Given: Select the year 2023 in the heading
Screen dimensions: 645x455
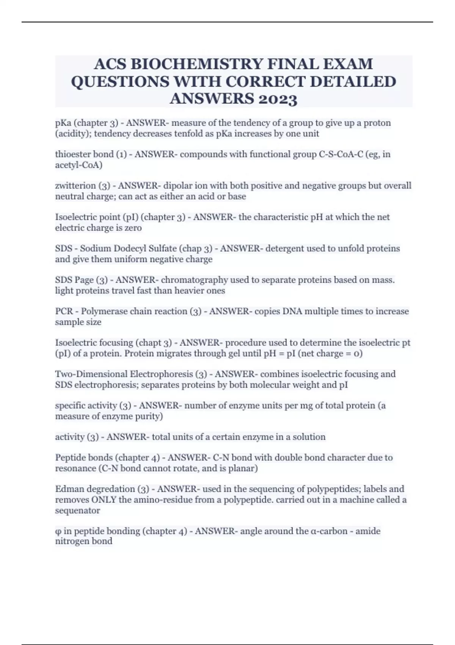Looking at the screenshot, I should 277,99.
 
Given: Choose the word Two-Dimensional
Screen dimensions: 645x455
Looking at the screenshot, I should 91,374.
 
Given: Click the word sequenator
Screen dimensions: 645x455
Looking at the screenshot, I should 78,510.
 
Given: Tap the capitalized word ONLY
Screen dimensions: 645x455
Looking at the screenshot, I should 104,500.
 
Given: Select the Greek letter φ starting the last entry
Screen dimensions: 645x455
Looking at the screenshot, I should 58,531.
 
